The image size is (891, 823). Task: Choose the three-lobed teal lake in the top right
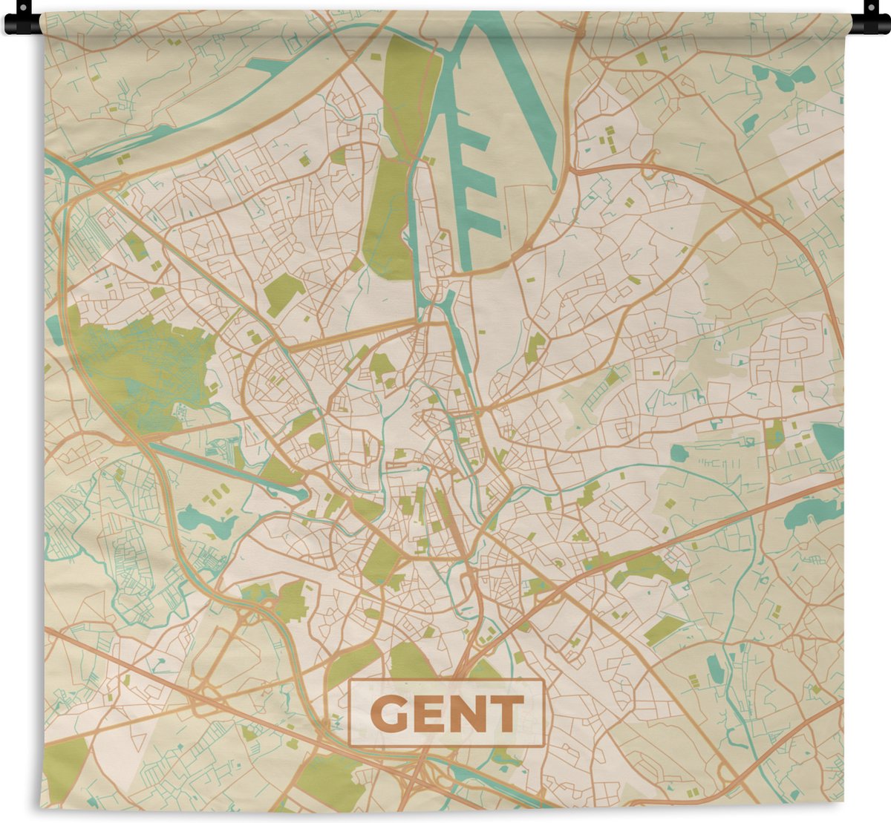(780, 74)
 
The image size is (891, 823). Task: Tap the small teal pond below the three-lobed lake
(750, 122)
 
